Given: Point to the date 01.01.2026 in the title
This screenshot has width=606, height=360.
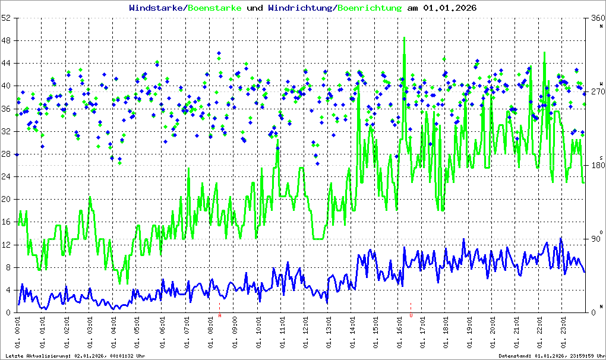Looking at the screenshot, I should (450, 8).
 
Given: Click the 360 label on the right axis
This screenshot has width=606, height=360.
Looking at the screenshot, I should (596, 18).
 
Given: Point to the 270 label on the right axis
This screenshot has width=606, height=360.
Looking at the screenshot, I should (596, 92).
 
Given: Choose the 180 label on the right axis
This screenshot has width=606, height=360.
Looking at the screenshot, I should (596, 166).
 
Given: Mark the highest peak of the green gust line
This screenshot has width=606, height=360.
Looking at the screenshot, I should (405, 38).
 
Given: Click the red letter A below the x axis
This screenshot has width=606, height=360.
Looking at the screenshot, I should (220, 316).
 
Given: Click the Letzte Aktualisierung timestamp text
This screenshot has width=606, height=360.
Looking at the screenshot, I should (75, 355).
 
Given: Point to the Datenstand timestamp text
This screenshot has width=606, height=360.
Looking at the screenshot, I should (551, 355).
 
